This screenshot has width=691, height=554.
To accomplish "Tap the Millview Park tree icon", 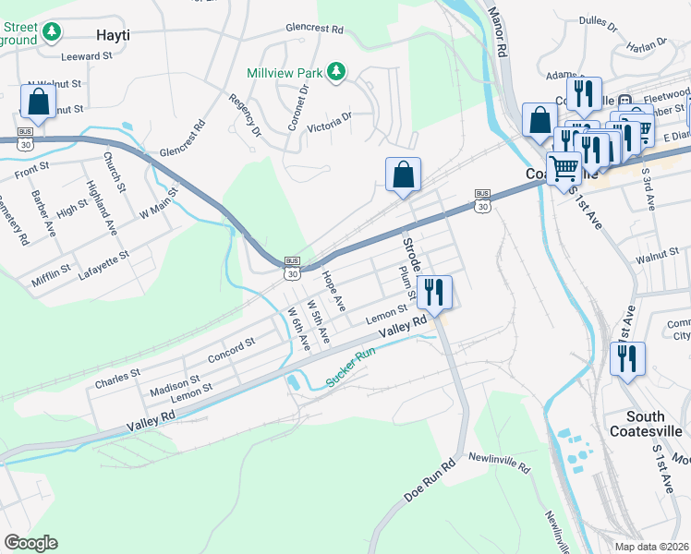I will point(337,70).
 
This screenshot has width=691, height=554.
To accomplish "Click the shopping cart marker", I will point(564,169).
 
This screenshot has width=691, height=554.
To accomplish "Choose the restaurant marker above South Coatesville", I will point(628,360).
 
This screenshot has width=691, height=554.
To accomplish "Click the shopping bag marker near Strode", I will point(404,175).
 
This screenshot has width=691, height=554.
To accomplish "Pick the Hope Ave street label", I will point(333,289).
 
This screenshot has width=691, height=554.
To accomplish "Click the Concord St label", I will point(231,350).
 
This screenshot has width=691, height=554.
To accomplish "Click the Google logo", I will point(30,543).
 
